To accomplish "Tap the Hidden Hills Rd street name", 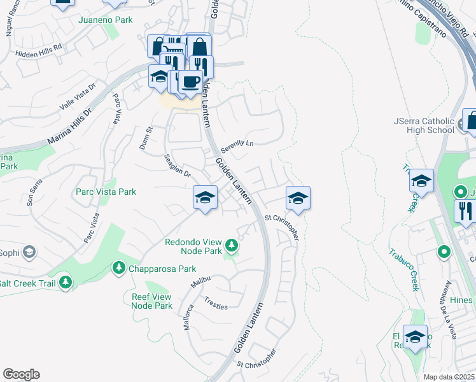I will click(38, 49).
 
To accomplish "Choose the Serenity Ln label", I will click(237, 147).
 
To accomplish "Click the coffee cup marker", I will click(190, 81).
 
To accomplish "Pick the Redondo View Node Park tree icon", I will click(232, 245).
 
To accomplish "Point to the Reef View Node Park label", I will click(151, 301).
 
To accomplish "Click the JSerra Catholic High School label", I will click(424, 125).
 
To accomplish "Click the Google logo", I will click(21, 374).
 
